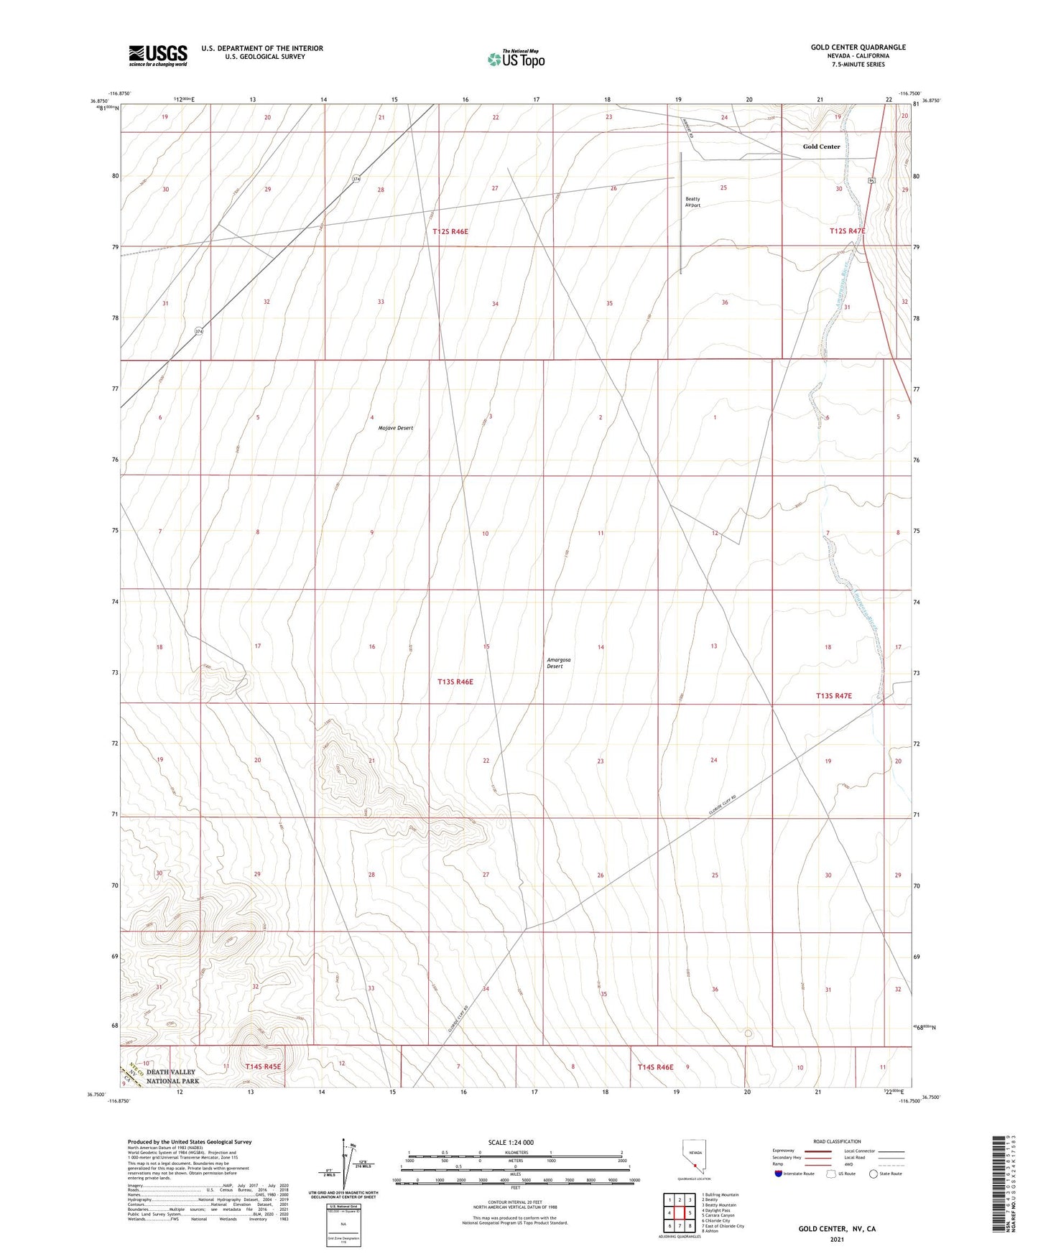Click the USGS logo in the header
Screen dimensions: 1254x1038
click(x=157, y=55)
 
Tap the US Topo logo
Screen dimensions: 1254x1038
click(x=515, y=59)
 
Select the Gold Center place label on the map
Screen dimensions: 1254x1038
click(x=821, y=147)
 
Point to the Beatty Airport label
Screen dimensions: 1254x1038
click(x=692, y=202)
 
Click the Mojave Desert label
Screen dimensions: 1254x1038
click(x=395, y=428)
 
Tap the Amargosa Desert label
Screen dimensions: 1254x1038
click(x=555, y=663)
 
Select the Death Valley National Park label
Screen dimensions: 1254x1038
click(x=172, y=1077)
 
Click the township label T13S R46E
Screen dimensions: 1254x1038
click(x=455, y=682)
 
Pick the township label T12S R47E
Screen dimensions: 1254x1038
click(x=847, y=231)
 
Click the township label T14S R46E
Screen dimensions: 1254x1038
click(x=655, y=1067)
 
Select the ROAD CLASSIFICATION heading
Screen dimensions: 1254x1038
click(x=837, y=1141)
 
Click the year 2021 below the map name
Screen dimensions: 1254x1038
click(x=836, y=1240)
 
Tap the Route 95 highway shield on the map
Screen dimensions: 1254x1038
click(x=871, y=180)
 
